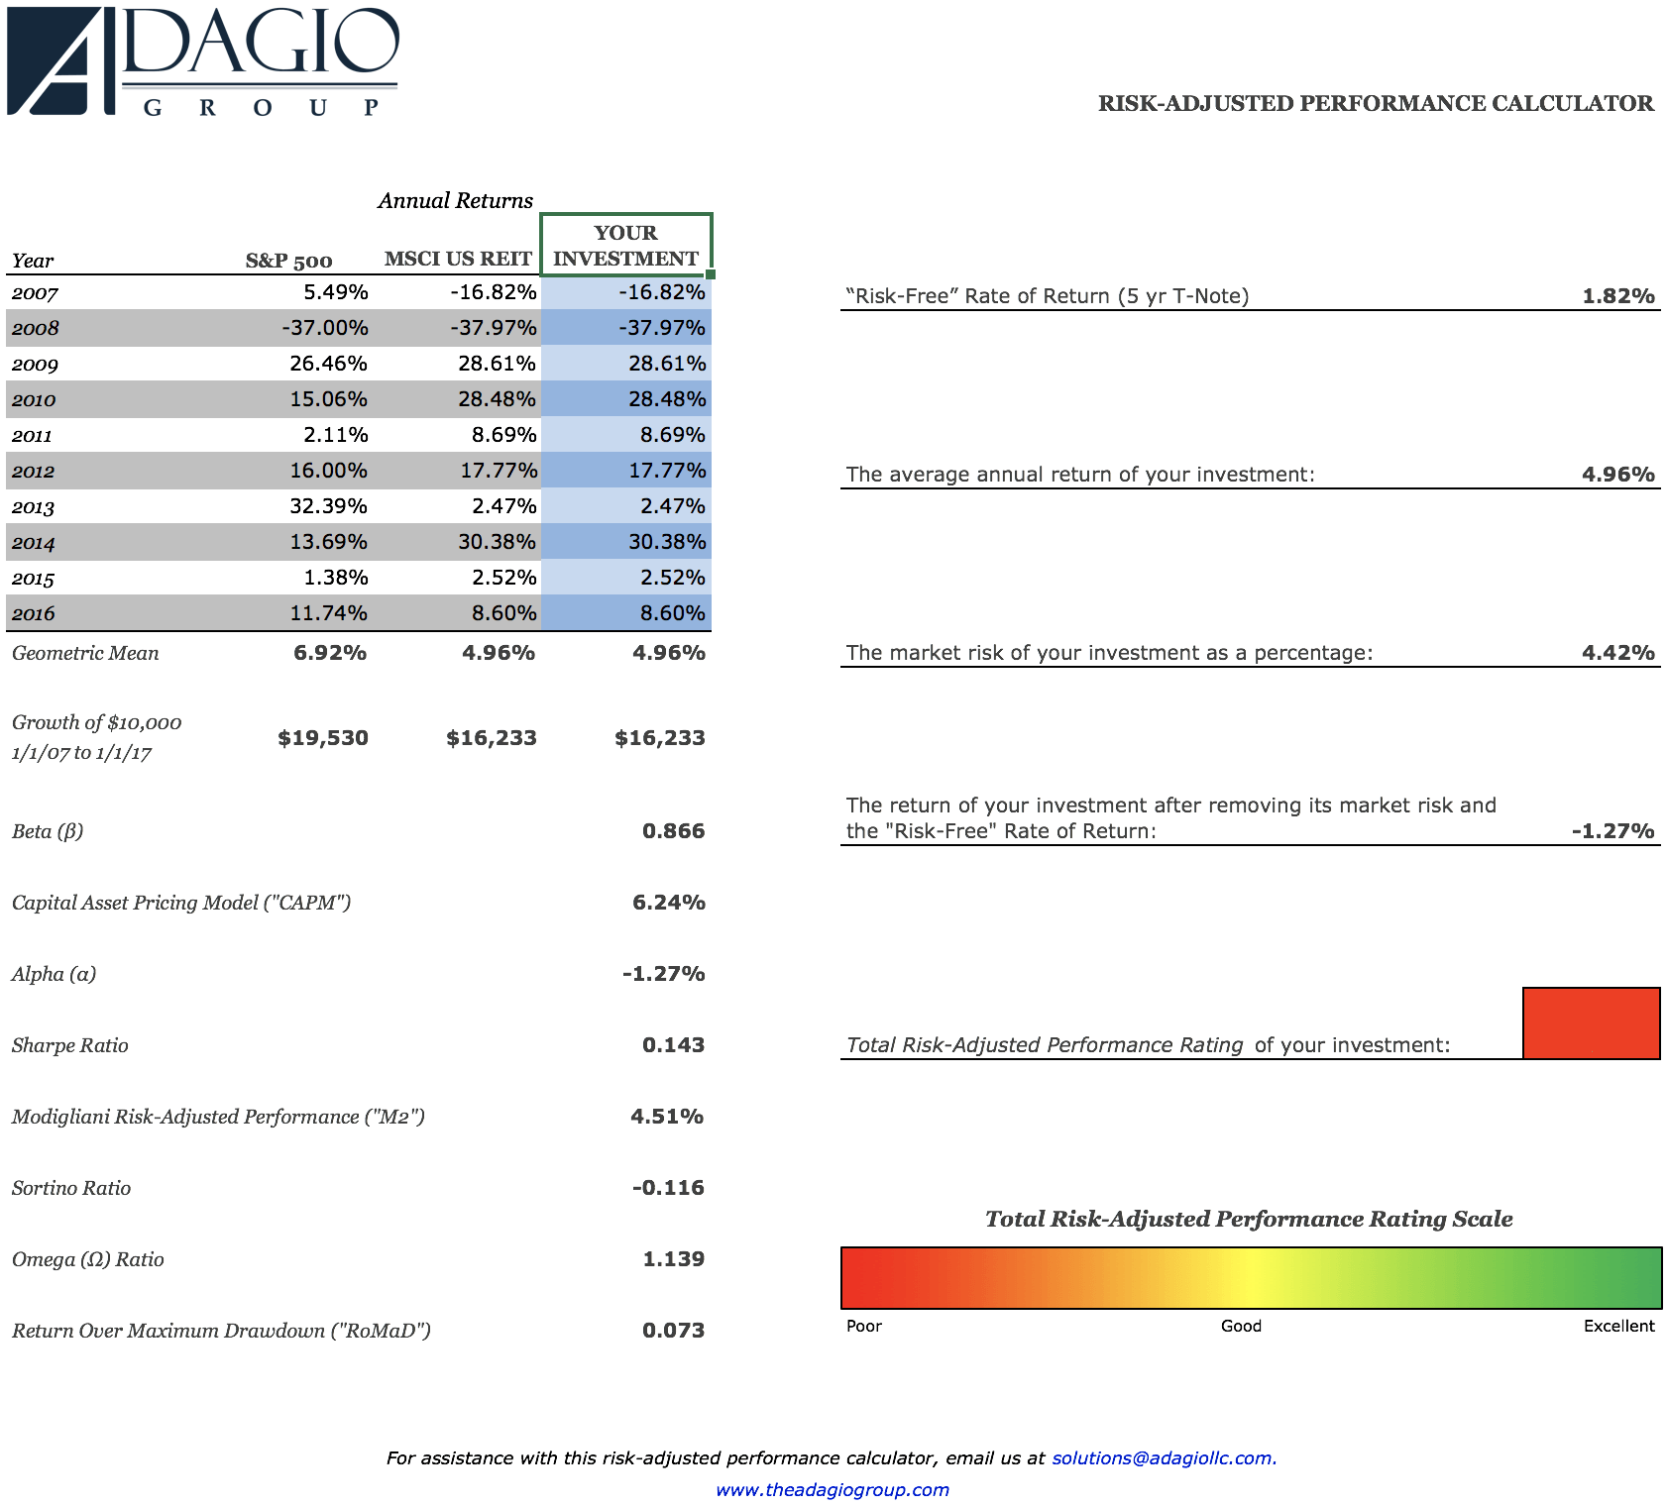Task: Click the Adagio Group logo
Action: (x=203, y=61)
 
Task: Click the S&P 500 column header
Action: (x=288, y=261)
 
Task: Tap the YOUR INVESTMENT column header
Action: (x=625, y=246)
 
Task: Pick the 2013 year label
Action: (x=33, y=507)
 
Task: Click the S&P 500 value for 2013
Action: (x=328, y=506)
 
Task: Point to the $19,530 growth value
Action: (x=323, y=738)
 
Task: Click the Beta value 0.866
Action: (x=673, y=831)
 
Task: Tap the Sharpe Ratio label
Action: (x=70, y=1045)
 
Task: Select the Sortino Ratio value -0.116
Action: (x=668, y=1188)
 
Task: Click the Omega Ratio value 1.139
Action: (x=673, y=1259)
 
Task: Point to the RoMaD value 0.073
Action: (x=673, y=1331)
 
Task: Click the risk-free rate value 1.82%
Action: (x=1617, y=296)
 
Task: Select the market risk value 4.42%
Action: (x=1617, y=653)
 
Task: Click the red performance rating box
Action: (x=1591, y=1023)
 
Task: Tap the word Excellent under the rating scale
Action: (x=1618, y=1327)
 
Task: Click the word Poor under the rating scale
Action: (x=864, y=1327)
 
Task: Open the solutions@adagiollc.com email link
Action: (x=1164, y=1458)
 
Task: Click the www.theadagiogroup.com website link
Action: (x=833, y=1490)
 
